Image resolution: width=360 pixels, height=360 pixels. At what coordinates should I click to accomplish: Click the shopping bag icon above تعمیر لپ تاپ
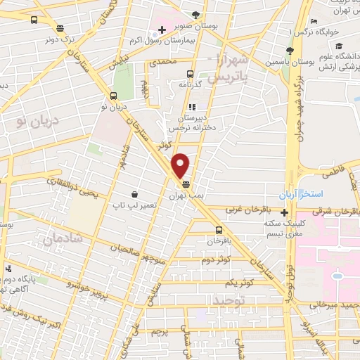click(x=134, y=194)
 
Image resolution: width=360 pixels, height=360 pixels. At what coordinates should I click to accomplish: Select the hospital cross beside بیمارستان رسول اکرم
click(x=162, y=30)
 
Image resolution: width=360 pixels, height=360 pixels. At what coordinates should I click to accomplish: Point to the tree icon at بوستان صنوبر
click(x=195, y=14)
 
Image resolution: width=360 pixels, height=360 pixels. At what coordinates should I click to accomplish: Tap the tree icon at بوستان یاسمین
click(x=289, y=51)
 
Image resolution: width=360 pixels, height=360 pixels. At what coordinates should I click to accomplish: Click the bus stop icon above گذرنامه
click(x=190, y=72)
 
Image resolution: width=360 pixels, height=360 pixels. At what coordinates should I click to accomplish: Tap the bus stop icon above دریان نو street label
click(x=112, y=96)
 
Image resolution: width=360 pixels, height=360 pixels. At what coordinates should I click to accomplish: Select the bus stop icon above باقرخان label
click(x=219, y=230)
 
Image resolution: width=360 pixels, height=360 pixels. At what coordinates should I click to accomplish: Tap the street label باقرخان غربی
click(x=246, y=210)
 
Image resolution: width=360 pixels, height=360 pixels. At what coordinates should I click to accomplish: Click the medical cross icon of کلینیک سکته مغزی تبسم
click(x=284, y=213)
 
